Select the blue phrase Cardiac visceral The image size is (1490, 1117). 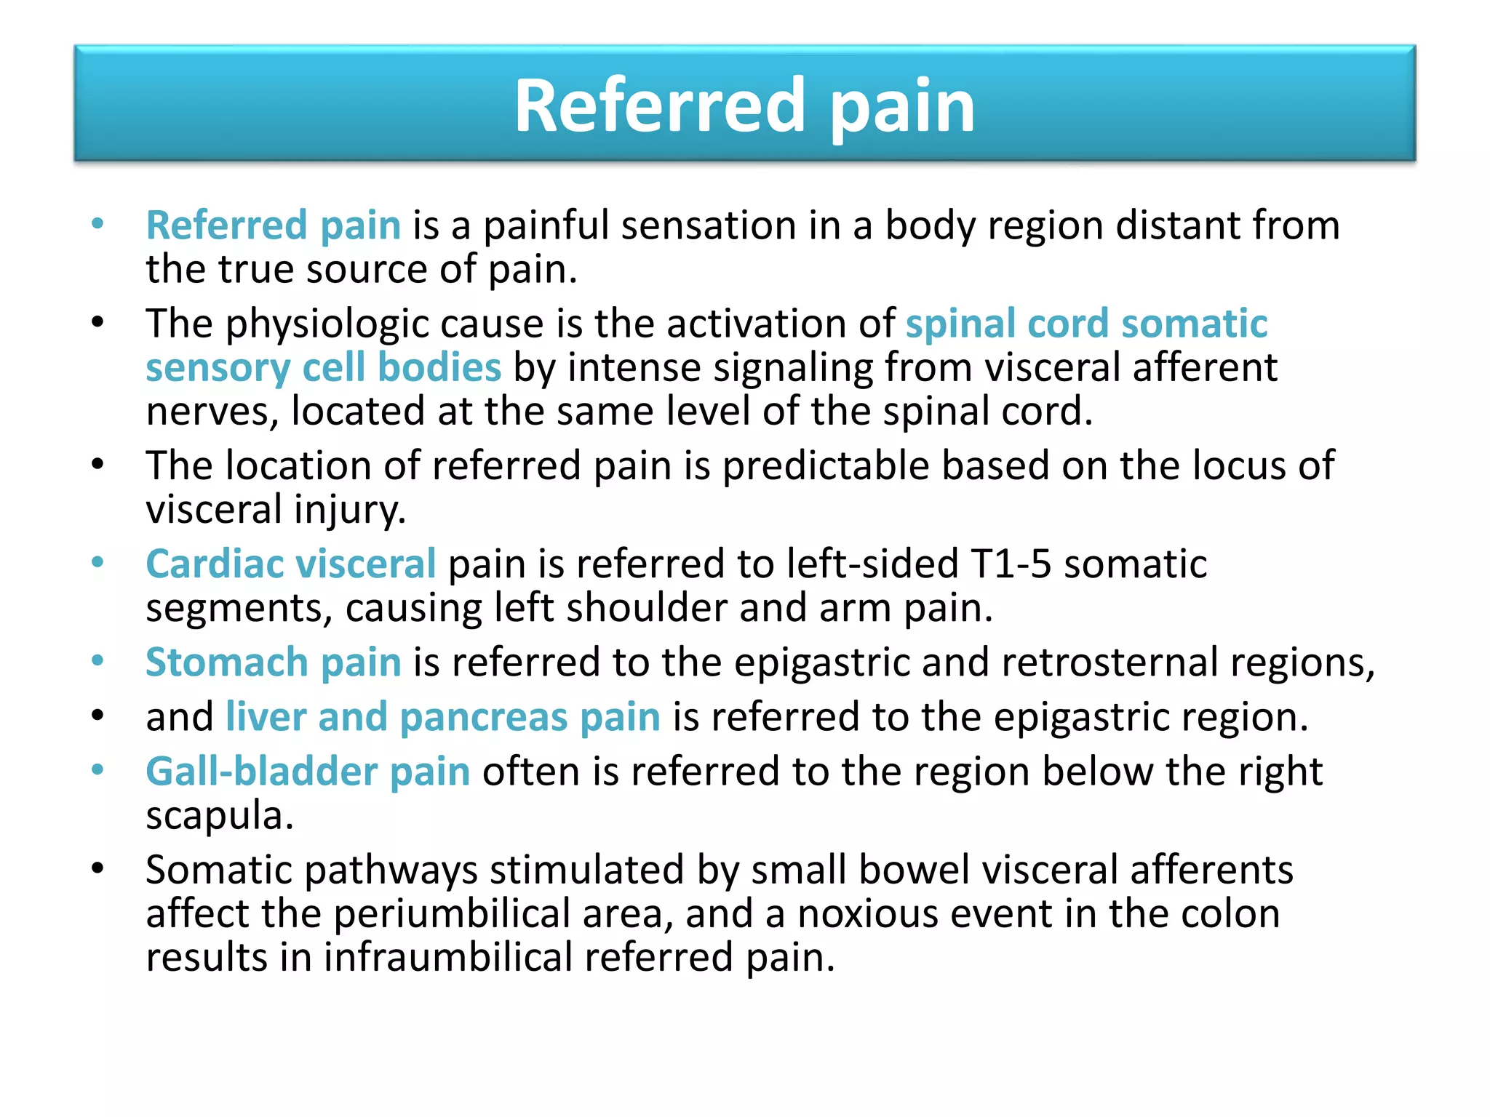pyautogui.click(x=290, y=564)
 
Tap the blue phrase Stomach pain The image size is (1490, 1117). pyautogui.click(x=274, y=662)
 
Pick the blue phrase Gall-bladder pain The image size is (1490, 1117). pyautogui.click(x=308, y=772)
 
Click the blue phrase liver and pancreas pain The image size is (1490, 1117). pyautogui.click(x=442, y=717)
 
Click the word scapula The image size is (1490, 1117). pyautogui.click(x=219, y=816)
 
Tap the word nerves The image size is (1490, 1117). pyautogui.click(x=212, y=412)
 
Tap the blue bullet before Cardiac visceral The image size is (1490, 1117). pyautogui.click(x=98, y=562)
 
